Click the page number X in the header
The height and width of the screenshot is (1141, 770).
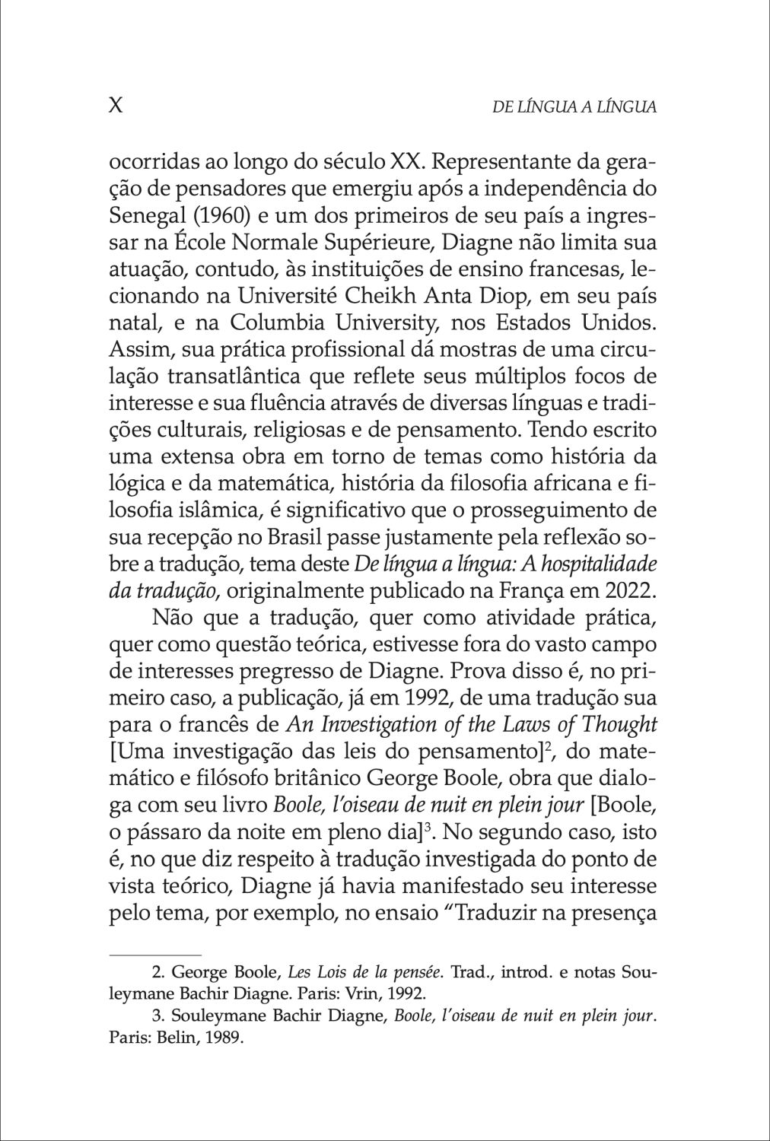pos(116,106)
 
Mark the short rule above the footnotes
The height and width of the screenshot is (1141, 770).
pos(155,954)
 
